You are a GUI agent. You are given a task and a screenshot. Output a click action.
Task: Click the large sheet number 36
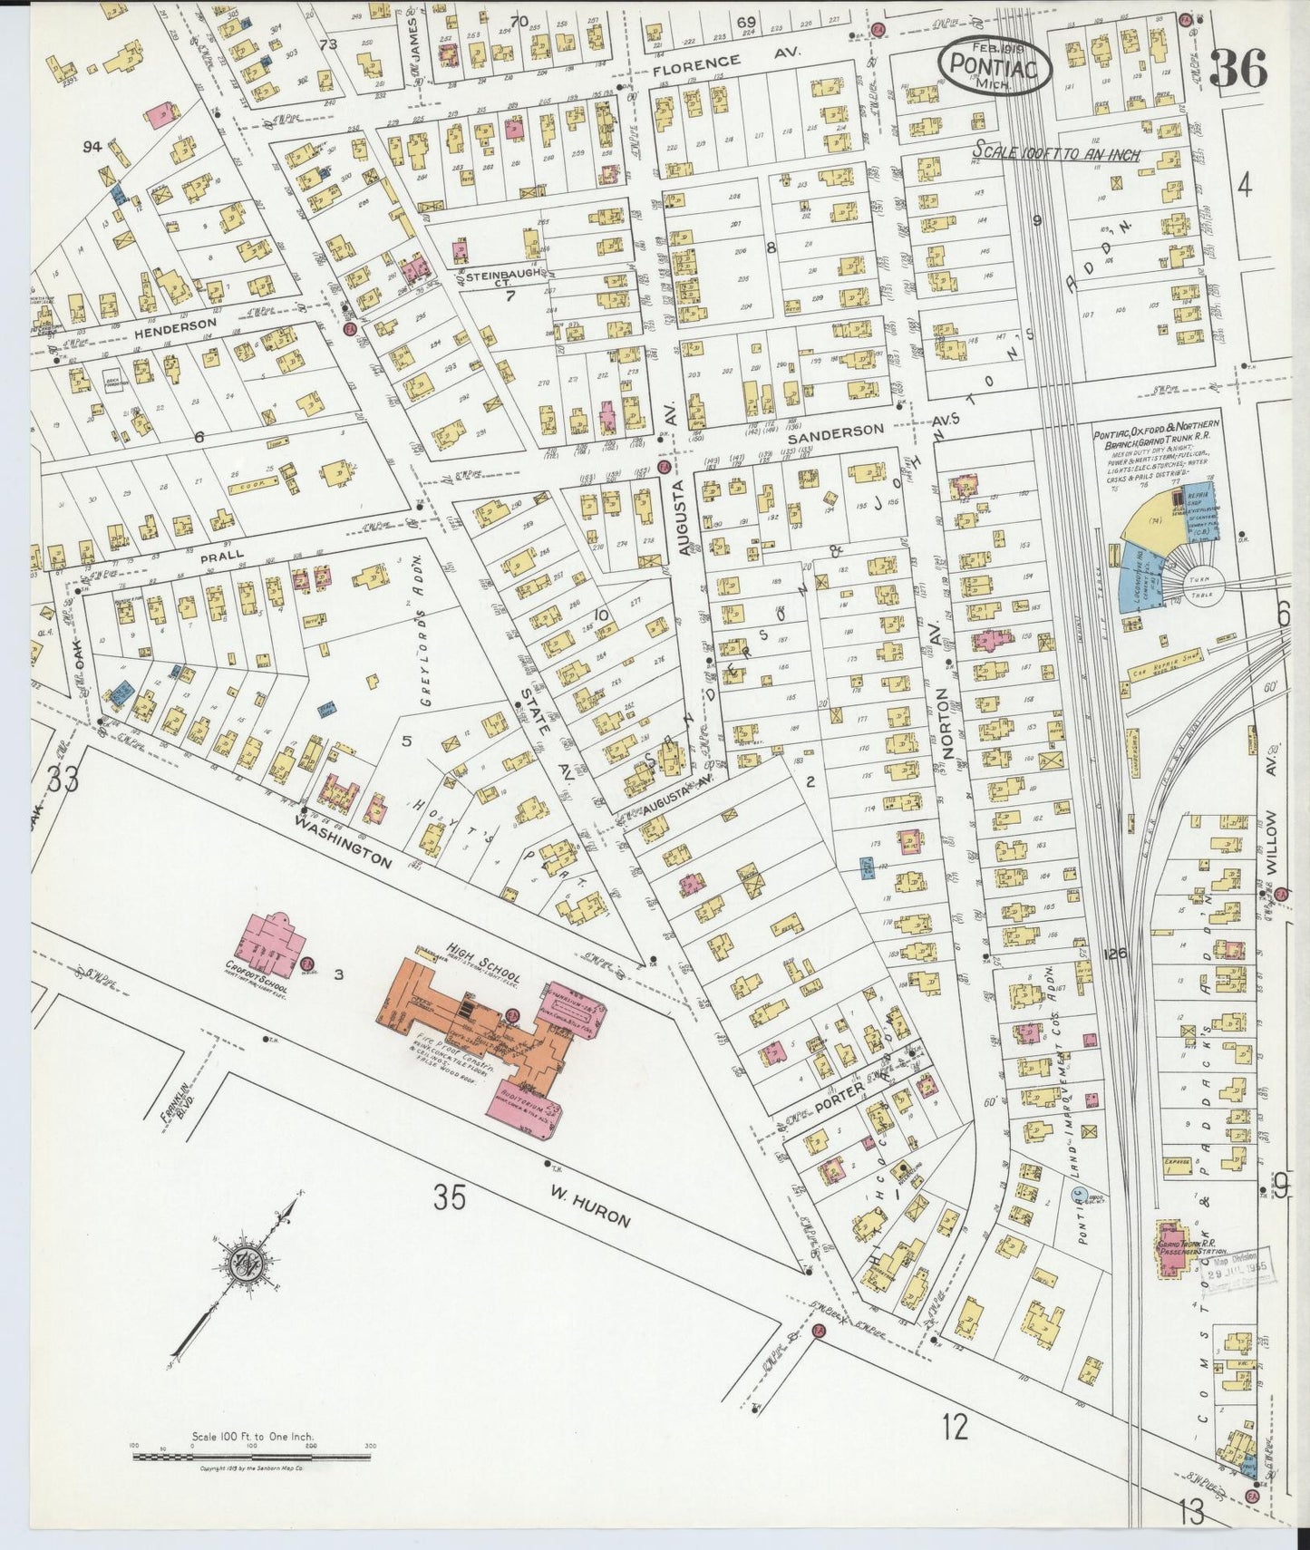pyautogui.click(x=1237, y=68)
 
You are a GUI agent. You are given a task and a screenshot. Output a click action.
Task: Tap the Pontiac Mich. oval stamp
pyautogui.click(x=995, y=64)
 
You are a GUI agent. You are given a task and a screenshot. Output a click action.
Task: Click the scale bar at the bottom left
pyautogui.click(x=252, y=1457)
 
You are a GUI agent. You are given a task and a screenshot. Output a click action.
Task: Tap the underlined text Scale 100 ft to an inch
pyautogui.click(x=1056, y=153)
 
